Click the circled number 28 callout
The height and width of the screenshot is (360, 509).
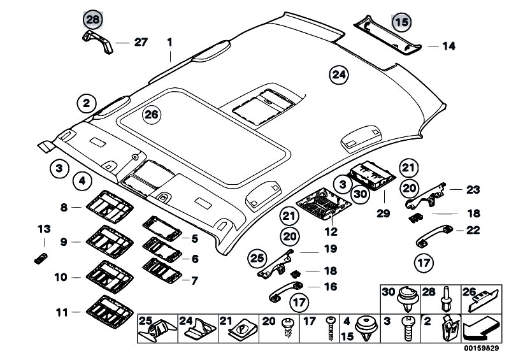click(93, 20)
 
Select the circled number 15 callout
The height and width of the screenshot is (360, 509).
click(401, 22)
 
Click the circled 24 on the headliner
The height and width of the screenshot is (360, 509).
click(340, 75)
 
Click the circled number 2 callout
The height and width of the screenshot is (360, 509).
click(87, 102)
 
